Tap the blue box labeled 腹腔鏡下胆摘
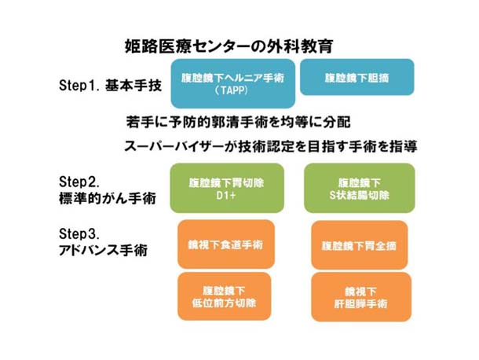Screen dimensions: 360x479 (x=357, y=79)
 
